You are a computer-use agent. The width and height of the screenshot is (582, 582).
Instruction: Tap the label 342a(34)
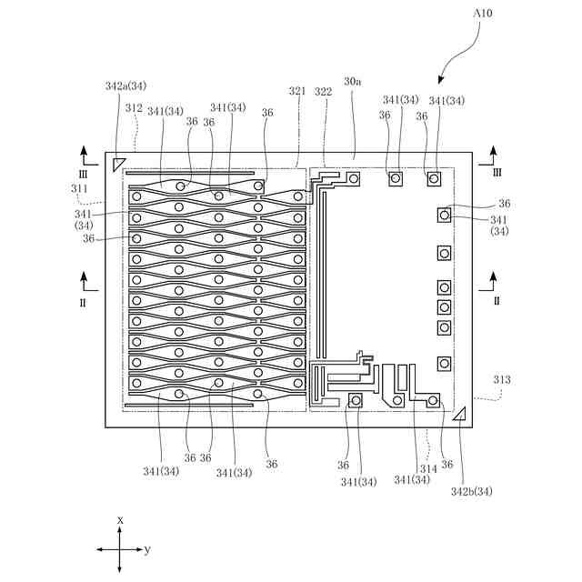(x=125, y=85)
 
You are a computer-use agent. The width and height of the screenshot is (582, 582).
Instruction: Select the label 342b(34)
(x=471, y=492)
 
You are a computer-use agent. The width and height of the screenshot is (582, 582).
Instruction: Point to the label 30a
(x=352, y=81)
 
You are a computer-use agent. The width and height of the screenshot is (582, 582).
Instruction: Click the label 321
(x=297, y=91)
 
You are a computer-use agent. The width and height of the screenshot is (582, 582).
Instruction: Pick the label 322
(x=323, y=91)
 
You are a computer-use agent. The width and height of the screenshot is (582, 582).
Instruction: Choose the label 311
(x=80, y=188)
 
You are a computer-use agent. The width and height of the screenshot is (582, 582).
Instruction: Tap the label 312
(x=134, y=107)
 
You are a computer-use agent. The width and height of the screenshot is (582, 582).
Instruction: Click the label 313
(x=502, y=379)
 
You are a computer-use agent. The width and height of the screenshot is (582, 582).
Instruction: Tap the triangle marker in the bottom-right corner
(x=459, y=415)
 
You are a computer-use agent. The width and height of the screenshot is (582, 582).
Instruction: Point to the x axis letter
(x=120, y=519)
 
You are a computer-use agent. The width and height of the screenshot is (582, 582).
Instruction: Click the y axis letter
(x=147, y=550)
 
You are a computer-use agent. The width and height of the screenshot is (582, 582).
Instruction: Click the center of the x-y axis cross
(x=120, y=549)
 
